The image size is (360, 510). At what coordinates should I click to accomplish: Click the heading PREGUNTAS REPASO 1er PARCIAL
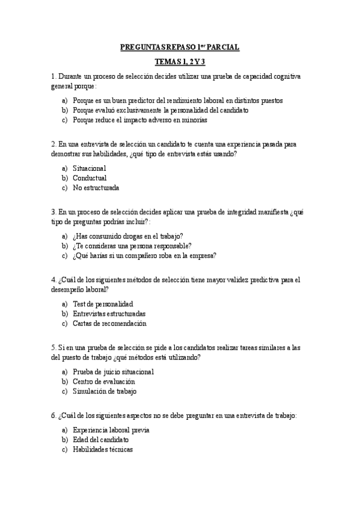tap(180, 47)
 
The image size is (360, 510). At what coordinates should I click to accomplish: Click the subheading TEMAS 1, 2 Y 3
tap(180, 61)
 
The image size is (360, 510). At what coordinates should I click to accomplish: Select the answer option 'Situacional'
tap(89, 168)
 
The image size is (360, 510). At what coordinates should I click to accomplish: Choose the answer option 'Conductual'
tap(90, 178)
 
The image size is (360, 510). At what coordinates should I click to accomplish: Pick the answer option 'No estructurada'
tap(96, 188)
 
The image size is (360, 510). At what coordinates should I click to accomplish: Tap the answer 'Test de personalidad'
tap(103, 304)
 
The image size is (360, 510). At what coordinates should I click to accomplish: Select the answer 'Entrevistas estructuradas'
tap(109, 313)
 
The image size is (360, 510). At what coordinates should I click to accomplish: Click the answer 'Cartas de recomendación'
tap(109, 323)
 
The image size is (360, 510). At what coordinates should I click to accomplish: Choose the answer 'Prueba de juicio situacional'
tap(113, 372)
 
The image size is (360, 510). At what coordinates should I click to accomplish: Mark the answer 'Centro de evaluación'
tap(103, 381)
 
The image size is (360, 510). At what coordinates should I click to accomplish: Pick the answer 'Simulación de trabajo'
tap(105, 391)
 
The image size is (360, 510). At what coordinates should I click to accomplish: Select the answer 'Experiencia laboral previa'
tap(111, 430)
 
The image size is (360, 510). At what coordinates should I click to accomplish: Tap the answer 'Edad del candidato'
tap(100, 440)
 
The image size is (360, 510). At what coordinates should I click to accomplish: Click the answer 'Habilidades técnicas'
tap(103, 449)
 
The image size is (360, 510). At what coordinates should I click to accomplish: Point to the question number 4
tap(54, 280)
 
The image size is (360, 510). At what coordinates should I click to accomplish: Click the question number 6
tap(54, 416)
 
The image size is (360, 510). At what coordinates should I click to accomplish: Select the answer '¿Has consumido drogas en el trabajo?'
tap(128, 236)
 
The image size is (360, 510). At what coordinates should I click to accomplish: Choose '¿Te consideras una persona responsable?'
tap(132, 245)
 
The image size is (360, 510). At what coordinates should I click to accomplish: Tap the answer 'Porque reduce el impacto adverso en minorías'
tap(139, 120)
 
